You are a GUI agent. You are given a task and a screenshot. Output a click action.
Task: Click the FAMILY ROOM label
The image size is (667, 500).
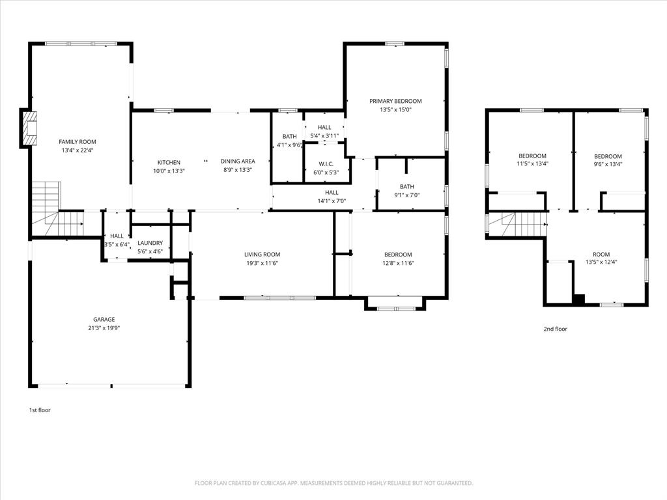(78, 142)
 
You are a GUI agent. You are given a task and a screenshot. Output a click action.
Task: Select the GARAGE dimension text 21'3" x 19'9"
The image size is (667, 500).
(104, 328)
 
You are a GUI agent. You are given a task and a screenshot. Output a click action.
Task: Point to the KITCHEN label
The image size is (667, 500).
(169, 162)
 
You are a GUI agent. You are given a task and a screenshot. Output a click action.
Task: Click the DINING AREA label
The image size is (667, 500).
(237, 161)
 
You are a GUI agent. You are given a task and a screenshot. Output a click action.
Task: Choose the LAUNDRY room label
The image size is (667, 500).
(150, 243)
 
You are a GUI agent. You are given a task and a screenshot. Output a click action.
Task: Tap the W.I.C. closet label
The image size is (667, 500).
(326, 163)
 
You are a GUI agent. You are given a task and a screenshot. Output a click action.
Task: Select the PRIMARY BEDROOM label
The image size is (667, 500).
(395, 101)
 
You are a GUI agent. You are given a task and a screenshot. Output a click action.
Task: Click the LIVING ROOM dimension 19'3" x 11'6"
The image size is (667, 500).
(262, 263)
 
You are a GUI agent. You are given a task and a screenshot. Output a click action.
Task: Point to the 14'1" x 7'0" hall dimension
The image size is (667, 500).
(332, 201)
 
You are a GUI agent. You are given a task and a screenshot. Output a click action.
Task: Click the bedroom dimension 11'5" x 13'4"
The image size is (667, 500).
(532, 164)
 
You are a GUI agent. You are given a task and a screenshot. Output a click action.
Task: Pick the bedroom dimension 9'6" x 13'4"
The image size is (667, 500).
(608, 164)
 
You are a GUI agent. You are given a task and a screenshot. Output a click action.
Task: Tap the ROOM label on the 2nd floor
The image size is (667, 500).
(601, 254)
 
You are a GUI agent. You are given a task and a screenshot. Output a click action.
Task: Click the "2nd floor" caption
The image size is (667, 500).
(555, 329)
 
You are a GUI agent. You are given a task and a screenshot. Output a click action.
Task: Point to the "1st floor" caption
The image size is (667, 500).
(40, 410)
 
